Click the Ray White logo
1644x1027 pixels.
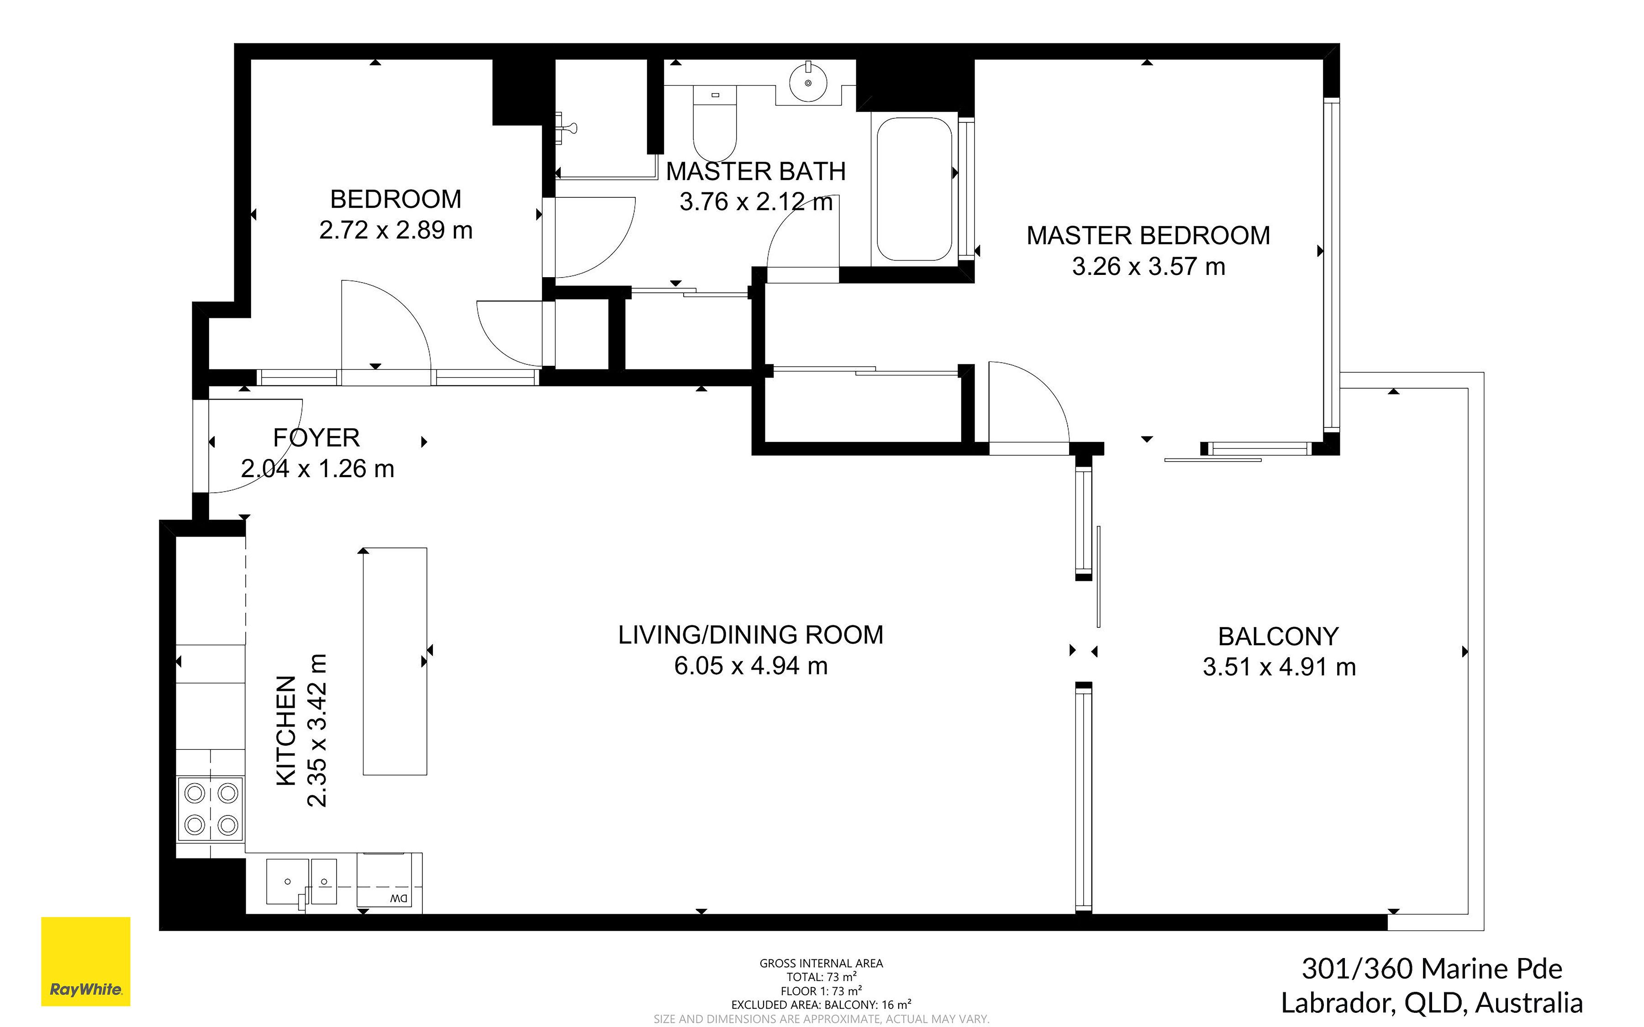coord(85,961)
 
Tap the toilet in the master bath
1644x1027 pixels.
coord(714,123)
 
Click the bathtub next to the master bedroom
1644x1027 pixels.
coord(914,190)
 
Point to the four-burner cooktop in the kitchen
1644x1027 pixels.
coord(211,809)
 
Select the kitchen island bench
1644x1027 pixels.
coord(395,661)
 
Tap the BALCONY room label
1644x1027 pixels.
coord(1278,637)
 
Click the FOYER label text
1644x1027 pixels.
coord(316,437)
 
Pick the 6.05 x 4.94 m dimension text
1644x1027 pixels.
coord(751,666)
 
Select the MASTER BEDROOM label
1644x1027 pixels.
coord(1148,235)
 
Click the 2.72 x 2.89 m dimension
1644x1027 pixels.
coord(396,230)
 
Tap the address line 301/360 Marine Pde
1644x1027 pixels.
coord(1432,969)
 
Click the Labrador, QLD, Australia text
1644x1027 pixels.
coord(1432,1002)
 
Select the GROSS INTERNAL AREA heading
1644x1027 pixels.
coord(821,963)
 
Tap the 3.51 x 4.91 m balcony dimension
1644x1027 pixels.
coord(1279,667)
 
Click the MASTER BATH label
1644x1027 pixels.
coord(756,171)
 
